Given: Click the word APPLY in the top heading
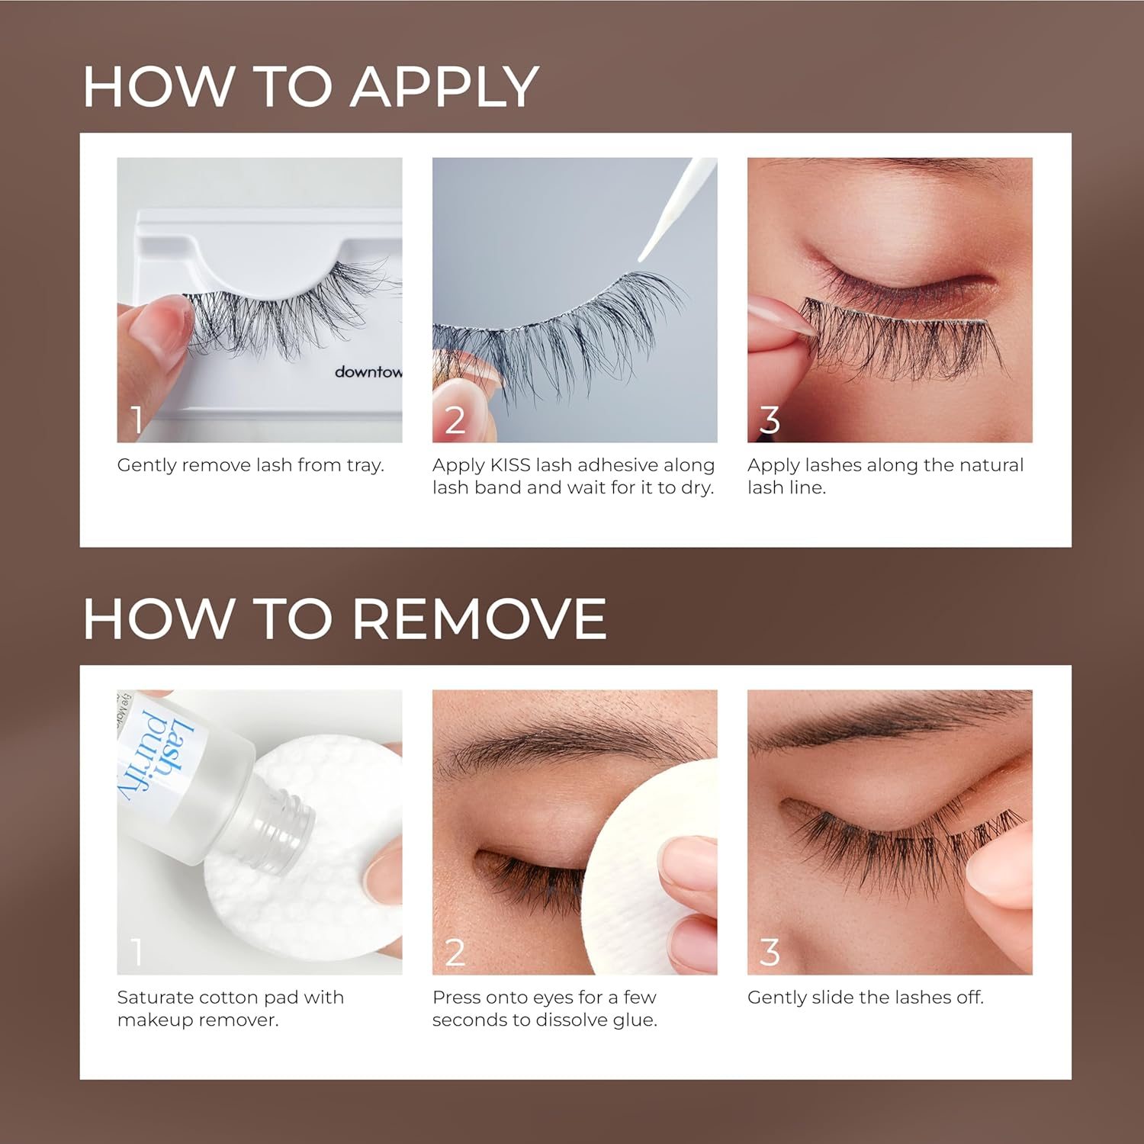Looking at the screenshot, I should [445, 86].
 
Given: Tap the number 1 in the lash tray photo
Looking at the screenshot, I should [137, 419].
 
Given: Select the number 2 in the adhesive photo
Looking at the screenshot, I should [455, 419].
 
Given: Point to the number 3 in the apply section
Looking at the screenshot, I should [770, 419].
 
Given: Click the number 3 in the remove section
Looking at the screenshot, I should [770, 952].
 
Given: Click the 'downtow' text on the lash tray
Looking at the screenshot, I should [368, 372].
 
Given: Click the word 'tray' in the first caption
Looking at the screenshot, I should [364, 465].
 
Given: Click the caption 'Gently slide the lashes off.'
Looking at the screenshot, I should [865, 998].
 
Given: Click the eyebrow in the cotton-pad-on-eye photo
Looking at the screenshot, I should [549, 736].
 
